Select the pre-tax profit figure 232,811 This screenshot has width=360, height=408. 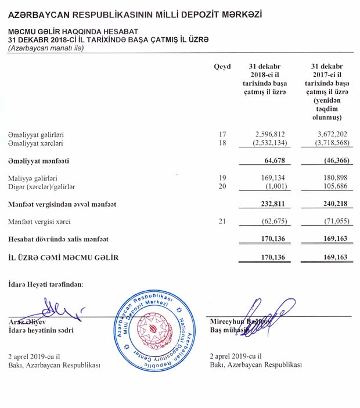[270, 204]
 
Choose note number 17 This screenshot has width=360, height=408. [222, 134]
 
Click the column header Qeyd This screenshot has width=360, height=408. [222, 67]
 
